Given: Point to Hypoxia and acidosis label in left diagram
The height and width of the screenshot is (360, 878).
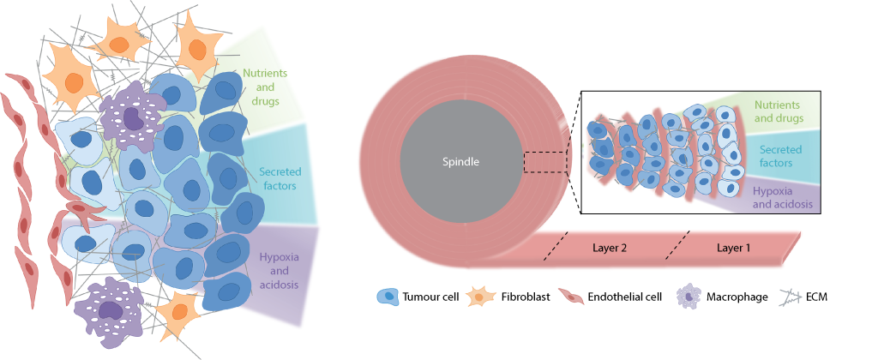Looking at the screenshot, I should (277, 266).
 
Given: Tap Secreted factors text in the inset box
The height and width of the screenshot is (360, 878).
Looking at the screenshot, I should (781, 156).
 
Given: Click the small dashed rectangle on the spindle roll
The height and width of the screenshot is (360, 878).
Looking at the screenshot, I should (542, 161).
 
